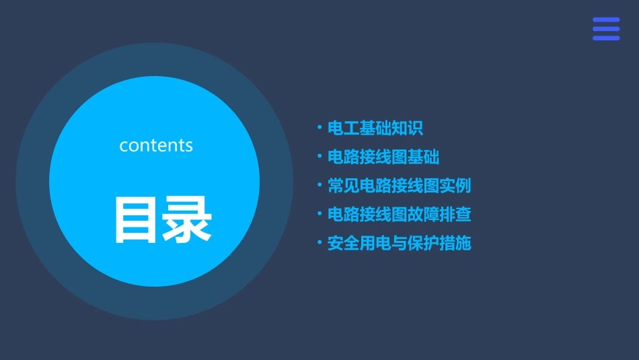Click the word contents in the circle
click(x=156, y=145)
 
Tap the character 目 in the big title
click(x=135, y=220)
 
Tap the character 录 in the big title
click(x=186, y=220)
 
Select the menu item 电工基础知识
click(x=375, y=129)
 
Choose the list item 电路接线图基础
click(x=383, y=157)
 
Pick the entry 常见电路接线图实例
click(x=399, y=186)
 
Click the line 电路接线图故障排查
click(x=399, y=215)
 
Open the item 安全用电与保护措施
click(x=399, y=243)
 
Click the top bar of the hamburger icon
click(x=606, y=20)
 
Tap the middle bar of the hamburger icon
click(x=606, y=29)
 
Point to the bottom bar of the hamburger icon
click(x=606, y=38)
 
